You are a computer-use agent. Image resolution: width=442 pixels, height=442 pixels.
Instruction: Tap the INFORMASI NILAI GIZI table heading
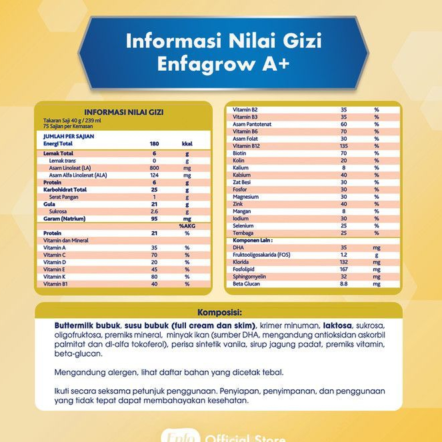pyautogui.click(x=123, y=112)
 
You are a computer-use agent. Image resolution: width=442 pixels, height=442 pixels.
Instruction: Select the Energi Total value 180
pyautogui.click(x=154, y=143)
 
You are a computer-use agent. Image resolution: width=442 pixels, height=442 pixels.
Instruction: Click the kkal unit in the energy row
pyautogui.click(x=187, y=143)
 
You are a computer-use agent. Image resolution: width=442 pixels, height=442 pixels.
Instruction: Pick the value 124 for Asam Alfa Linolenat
pyautogui.click(x=154, y=175)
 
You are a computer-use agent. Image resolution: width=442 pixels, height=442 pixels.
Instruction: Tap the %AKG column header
pyautogui.click(x=185, y=225)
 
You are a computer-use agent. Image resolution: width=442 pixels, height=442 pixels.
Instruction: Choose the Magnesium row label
pyautogui.click(x=247, y=197)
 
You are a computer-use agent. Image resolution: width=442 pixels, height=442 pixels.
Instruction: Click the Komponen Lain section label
pyautogui.click(x=255, y=240)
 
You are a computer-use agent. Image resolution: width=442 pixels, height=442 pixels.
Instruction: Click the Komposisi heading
pyautogui.click(x=219, y=311)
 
